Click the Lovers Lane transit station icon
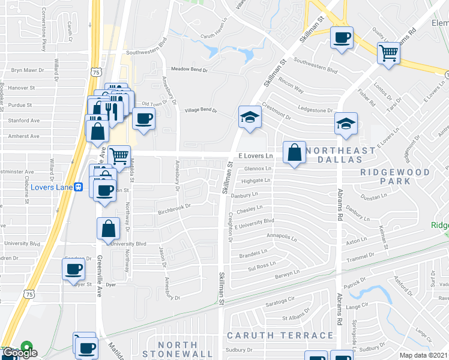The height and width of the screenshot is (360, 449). point(79,187)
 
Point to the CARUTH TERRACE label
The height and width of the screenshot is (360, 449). point(280,335)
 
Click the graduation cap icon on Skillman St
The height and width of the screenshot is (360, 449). point(249,118)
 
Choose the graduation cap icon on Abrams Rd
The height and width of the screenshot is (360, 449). point(346,124)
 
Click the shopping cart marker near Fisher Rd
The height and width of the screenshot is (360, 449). point(389,53)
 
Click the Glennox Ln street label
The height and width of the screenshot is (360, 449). point(258,169)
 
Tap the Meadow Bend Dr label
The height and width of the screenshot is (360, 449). point(189,70)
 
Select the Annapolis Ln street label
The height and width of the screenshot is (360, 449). point(282,238)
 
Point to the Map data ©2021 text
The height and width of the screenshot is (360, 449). point(424,355)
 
